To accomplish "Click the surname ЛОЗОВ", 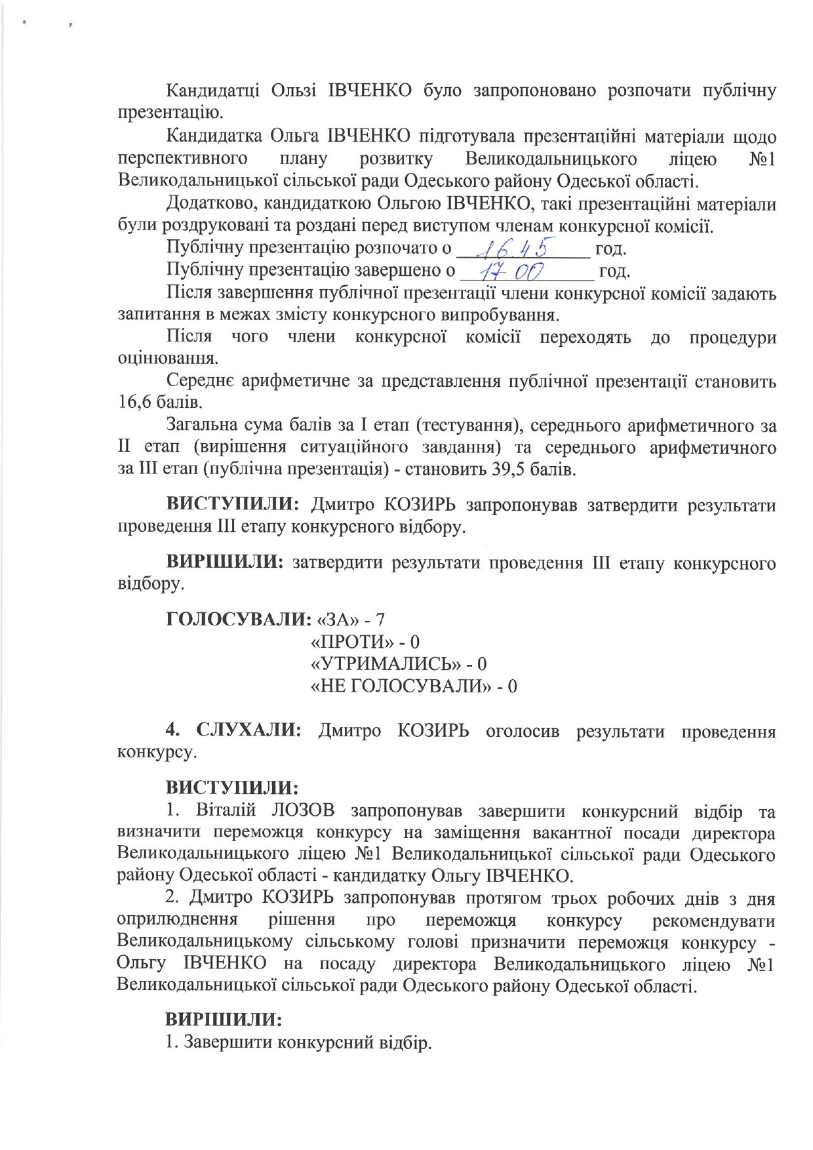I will (302, 811).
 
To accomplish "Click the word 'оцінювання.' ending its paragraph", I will (168, 359).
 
